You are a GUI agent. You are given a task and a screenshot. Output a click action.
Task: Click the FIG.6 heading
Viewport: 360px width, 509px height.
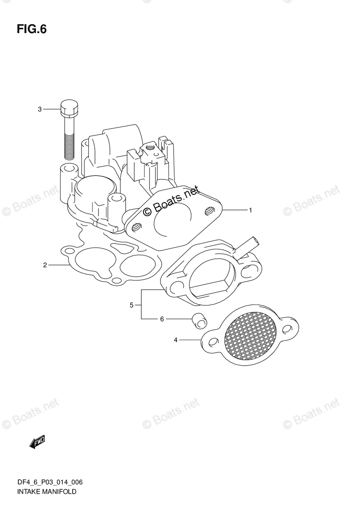tap(31, 29)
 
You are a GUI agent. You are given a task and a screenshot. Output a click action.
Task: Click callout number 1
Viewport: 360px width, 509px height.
tap(250, 210)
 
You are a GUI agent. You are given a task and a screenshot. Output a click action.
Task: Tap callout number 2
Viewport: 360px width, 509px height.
tap(45, 266)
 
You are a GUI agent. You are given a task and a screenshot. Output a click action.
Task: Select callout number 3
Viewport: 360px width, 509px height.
tap(40, 109)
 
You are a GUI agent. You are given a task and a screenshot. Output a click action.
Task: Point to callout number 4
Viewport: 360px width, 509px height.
tap(175, 340)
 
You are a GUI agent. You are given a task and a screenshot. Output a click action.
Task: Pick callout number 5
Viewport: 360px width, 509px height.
tap(132, 305)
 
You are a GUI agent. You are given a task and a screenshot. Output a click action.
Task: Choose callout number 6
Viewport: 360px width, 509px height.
tap(162, 319)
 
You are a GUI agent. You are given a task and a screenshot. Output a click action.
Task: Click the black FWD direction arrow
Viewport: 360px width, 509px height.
tap(37, 442)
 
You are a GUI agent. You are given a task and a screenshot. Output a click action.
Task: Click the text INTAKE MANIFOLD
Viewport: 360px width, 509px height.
tap(47, 492)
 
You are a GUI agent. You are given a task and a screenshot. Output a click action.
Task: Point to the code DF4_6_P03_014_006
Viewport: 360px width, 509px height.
tap(50, 482)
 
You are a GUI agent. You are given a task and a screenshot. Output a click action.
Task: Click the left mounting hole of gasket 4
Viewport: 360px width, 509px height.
tap(213, 341)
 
